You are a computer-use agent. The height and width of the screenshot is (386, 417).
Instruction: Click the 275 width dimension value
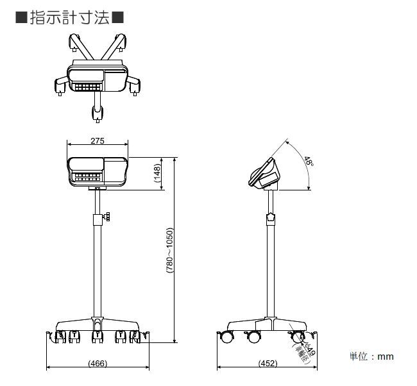[98, 140]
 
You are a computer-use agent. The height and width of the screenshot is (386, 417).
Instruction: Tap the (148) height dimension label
[158, 173]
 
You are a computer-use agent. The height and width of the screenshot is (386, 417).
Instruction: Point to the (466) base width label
[97, 364]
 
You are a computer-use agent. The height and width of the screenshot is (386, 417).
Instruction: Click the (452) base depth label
[267, 364]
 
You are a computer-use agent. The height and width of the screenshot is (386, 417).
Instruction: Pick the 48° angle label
[309, 162]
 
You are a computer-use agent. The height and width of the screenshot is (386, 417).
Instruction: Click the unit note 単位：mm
[371, 357]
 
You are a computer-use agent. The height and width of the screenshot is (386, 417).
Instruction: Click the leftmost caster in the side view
[228, 337]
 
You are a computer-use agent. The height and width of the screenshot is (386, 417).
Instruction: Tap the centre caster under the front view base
[97, 335]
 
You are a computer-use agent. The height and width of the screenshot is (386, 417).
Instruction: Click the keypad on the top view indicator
[87, 86]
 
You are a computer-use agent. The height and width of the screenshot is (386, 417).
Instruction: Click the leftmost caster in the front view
[57, 336]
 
